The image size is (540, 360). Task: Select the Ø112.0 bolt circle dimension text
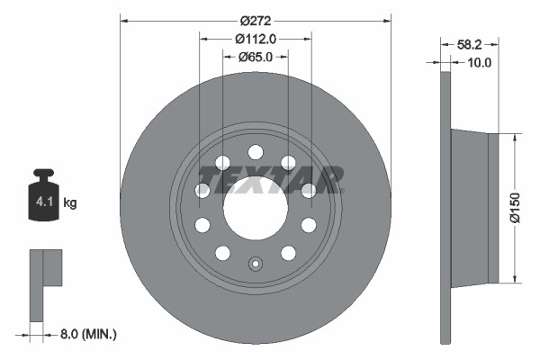[255, 38]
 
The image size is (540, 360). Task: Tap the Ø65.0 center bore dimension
[256, 57]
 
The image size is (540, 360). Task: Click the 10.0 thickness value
[480, 62]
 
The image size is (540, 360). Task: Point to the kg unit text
[70, 203]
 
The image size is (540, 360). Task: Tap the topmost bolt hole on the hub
[256, 152]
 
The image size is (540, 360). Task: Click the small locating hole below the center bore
[256, 265]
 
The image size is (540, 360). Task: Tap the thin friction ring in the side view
[445, 206]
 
